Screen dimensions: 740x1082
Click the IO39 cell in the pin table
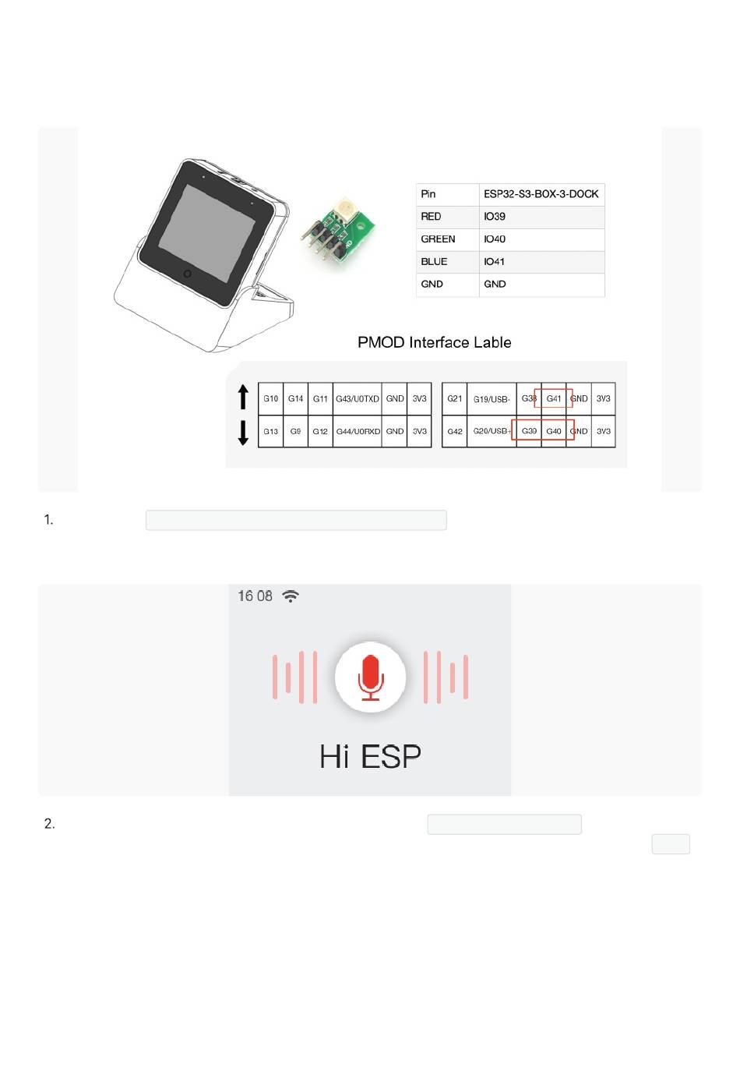click(x=495, y=217)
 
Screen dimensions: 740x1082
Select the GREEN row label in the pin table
click(x=438, y=239)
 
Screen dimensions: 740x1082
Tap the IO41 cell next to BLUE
click(x=495, y=262)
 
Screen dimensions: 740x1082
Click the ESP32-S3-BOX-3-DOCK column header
click(x=541, y=194)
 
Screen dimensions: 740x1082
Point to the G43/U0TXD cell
click(x=357, y=398)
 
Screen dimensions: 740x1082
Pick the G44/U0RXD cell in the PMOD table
click(x=357, y=431)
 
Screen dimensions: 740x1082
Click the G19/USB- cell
click(x=491, y=399)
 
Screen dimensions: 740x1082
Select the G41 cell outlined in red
click(x=554, y=398)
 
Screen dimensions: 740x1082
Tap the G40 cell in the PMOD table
click(x=554, y=431)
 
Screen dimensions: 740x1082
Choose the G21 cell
click(x=454, y=398)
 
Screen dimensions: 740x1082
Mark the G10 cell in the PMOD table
click(x=270, y=398)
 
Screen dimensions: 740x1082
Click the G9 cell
click(x=295, y=431)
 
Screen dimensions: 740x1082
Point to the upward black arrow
click(x=243, y=397)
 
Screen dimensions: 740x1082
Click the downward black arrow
click(x=243, y=432)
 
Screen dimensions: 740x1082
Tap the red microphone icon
click(x=370, y=676)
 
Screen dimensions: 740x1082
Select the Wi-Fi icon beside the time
click(x=291, y=596)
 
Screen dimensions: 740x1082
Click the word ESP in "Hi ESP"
click(x=391, y=756)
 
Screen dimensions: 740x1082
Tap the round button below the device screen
click(x=187, y=274)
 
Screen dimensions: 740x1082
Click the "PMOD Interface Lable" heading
click(x=434, y=342)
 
